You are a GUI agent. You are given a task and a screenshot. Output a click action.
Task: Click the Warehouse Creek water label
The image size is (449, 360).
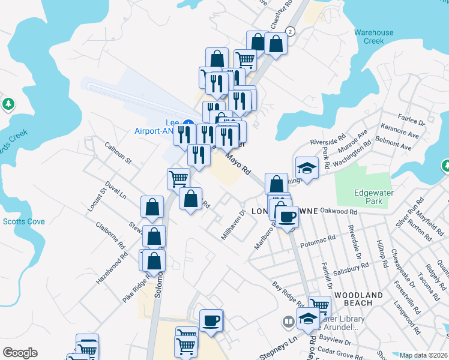[373, 37]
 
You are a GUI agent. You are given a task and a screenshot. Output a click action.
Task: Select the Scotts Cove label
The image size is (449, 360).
[23, 221]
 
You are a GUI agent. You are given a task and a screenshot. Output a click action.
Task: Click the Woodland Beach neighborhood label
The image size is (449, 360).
[359, 299]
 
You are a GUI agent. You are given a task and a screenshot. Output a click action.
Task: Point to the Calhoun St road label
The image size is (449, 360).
[118, 152]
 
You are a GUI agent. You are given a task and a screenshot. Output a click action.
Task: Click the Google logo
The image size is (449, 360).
[20, 353]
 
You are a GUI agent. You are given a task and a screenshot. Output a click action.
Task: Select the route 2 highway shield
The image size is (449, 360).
[291, 31]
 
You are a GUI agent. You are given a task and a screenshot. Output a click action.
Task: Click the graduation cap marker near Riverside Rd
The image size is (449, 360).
[307, 167]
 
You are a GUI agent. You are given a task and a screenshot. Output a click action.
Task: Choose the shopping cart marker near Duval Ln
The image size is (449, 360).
[178, 178]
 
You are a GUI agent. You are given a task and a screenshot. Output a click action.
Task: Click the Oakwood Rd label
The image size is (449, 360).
[339, 211]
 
